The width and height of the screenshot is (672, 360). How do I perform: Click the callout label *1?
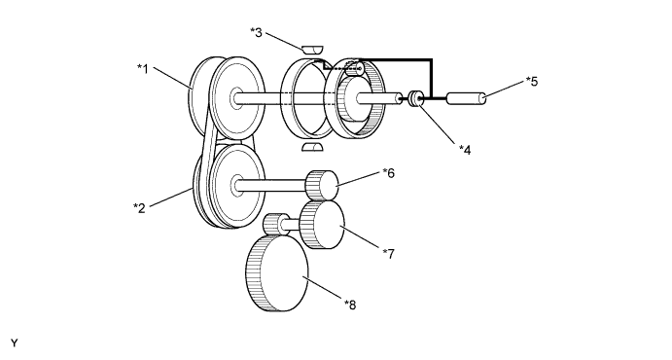click(x=143, y=68)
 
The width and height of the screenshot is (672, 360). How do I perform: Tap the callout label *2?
click(x=139, y=208)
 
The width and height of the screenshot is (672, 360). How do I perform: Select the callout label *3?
click(x=256, y=32)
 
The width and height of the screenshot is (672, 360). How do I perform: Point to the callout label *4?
click(x=465, y=150)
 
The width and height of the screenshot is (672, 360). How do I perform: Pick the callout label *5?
click(x=531, y=82)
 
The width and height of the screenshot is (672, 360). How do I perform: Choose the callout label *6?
click(x=389, y=173)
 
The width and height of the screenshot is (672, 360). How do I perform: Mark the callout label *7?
click(x=388, y=254)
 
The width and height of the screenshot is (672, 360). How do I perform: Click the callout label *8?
click(x=350, y=305)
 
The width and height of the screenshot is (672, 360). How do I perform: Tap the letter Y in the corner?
click(x=15, y=343)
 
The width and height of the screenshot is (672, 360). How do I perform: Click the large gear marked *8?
click(x=277, y=273)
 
